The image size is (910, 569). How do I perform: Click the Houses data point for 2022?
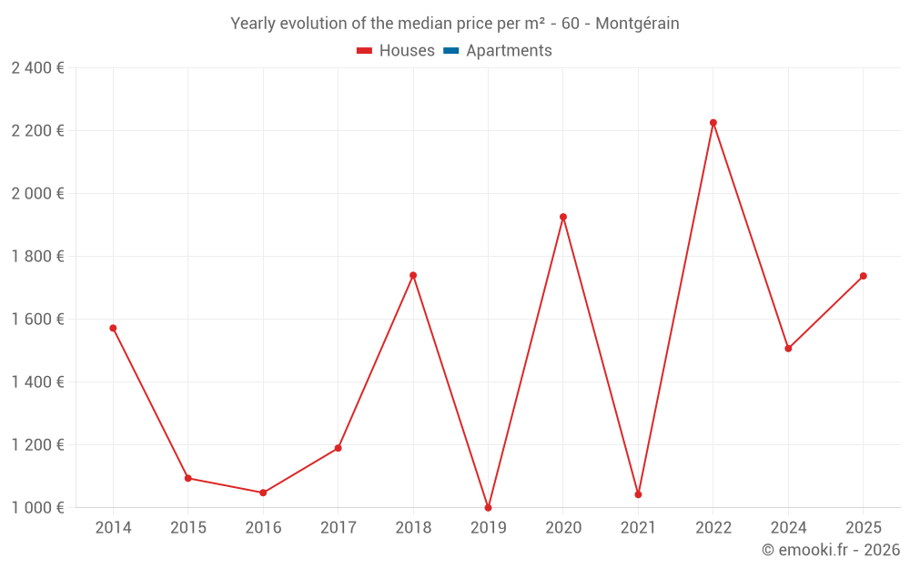(x=713, y=123)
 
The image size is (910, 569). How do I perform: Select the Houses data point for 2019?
(x=489, y=508)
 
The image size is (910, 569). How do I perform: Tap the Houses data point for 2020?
(x=563, y=217)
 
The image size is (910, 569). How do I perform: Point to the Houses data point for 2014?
(x=113, y=328)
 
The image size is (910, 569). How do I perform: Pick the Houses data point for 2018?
(x=413, y=275)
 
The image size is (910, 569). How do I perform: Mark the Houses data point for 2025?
(x=864, y=276)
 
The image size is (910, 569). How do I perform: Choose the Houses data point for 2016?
(x=263, y=493)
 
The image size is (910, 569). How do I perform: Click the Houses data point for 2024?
(x=788, y=349)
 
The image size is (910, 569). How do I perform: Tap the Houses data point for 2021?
(x=638, y=494)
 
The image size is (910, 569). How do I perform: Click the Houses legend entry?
(x=396, y=51)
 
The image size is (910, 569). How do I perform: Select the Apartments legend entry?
(x=498, y=51)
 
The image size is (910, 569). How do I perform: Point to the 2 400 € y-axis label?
(x=37, y=68)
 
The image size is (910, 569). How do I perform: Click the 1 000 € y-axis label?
(x=37, y=508)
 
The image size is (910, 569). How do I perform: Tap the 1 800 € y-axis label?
(x=37, y=257)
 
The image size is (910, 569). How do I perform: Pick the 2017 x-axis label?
(x=338, y=528)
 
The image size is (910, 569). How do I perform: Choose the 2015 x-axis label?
(x=188, y=528)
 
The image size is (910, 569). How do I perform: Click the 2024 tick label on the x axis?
(x=788, y=528)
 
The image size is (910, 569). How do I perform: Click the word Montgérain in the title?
(x=637, y=24)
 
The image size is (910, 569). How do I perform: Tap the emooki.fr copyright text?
(x=831, y=550)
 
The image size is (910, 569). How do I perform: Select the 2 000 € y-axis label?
(x=37, y=194)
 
